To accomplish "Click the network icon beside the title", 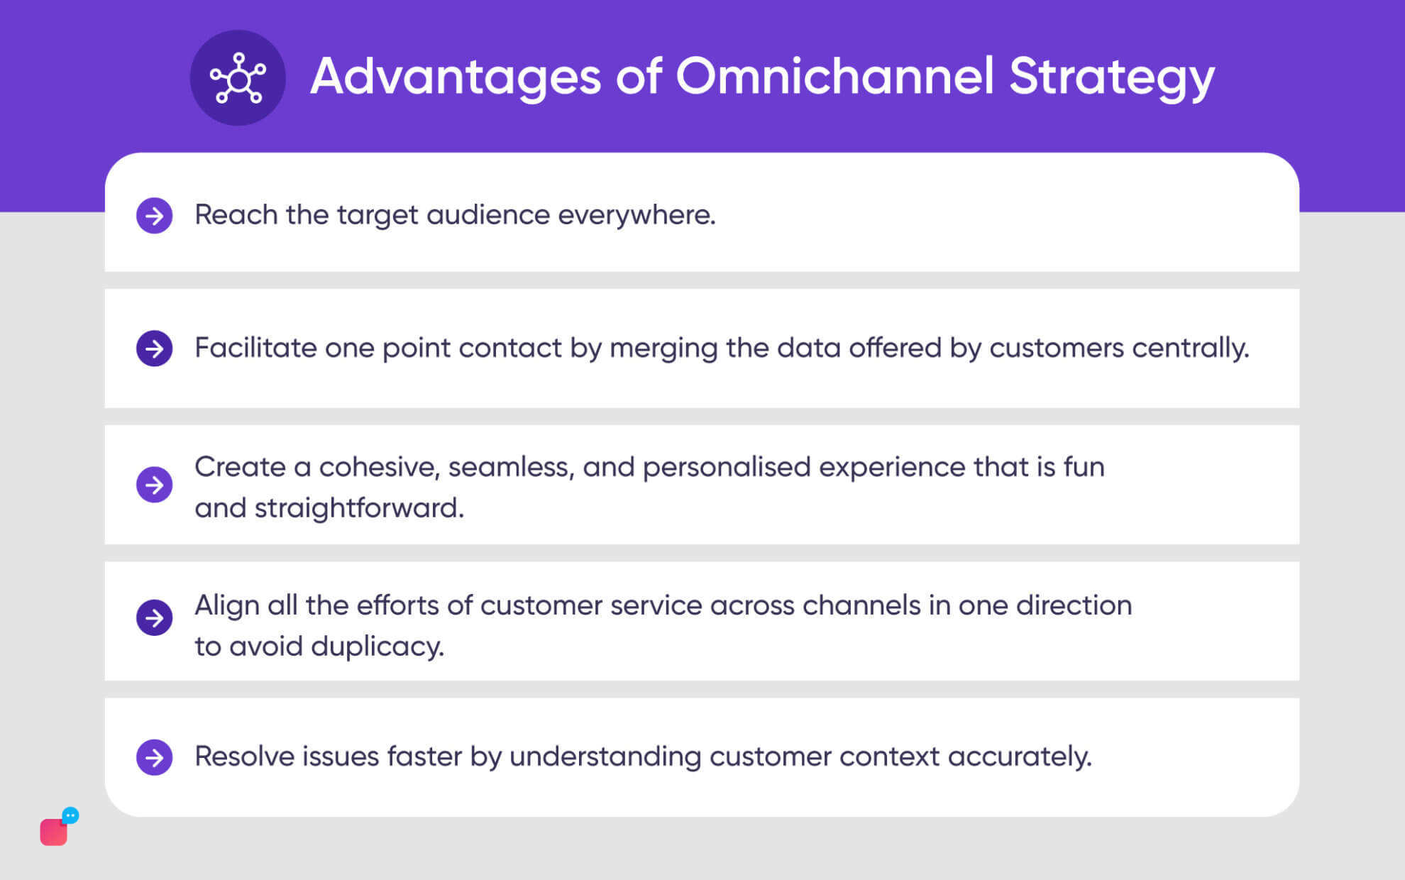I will coord(238,77).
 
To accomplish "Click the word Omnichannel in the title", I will coord(834,76).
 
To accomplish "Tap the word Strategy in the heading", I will coord(1111,76).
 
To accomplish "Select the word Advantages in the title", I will coord(456,76).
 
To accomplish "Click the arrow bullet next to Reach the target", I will coord(155,215).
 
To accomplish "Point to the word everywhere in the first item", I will coord(637,215).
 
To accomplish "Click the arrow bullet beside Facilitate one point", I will coord(155,348).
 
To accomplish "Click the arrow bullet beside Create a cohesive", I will coord(155,485).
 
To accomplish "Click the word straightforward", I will coord(358,508).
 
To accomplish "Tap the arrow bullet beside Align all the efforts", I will coord(155,617).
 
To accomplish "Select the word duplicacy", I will coord(377,647).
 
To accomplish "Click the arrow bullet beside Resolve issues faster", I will coord(155,757).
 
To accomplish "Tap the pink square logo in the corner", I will coord(53,832).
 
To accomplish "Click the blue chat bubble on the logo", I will coord(70,815).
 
